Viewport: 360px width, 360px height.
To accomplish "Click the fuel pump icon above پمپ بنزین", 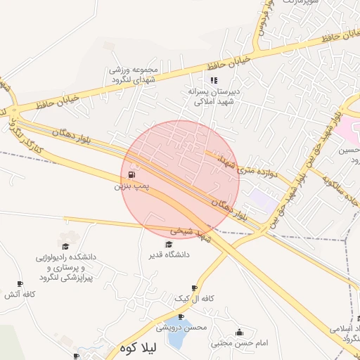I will point(131,175).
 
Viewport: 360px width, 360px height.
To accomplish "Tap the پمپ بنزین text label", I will point(131,187).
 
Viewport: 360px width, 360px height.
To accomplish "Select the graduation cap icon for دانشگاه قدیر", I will point(168,244).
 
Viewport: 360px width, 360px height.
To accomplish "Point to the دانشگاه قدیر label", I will point(168,255).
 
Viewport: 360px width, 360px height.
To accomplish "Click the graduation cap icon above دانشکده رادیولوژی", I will point(65,247).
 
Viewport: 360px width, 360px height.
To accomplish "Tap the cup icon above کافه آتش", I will point(20,284).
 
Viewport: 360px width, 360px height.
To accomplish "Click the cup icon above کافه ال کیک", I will point(194,288).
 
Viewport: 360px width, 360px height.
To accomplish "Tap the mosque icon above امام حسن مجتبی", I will point(239,333).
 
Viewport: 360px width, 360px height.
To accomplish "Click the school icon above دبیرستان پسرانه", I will point(214,80).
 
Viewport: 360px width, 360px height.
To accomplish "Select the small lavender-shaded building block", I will point(264,198).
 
